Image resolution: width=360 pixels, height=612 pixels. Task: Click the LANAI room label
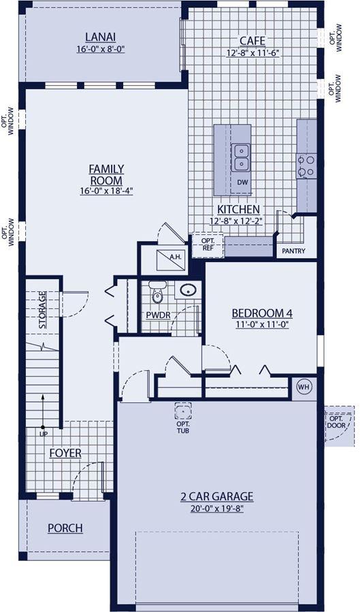[x=101, y=37]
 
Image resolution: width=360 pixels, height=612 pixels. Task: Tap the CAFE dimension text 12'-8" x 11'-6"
[x=252, y=52]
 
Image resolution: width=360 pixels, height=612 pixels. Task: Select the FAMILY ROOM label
[x=106, y=175]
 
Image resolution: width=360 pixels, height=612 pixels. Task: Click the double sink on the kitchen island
[x=241, y=157]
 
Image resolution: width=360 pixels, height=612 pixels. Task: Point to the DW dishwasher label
[x=242, y=182]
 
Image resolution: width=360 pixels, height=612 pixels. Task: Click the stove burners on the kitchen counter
[x=306, y=166]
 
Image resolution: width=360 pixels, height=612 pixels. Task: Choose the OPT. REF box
[x=208, y=245]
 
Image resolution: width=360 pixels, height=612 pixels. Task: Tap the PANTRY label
[x=294, y=251]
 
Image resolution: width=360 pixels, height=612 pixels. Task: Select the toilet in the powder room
[x=157, y=292]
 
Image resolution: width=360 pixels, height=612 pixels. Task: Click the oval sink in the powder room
[x=189, y=290]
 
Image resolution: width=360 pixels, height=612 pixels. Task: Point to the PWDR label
[x=158, y=315]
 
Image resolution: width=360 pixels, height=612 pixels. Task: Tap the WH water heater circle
[x=304, y=387]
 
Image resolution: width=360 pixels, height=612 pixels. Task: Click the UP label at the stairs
[x=42, y=433]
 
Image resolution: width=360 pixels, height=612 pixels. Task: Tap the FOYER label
[x=65, y=453]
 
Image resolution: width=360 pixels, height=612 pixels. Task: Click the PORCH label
[x=65, y=528]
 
